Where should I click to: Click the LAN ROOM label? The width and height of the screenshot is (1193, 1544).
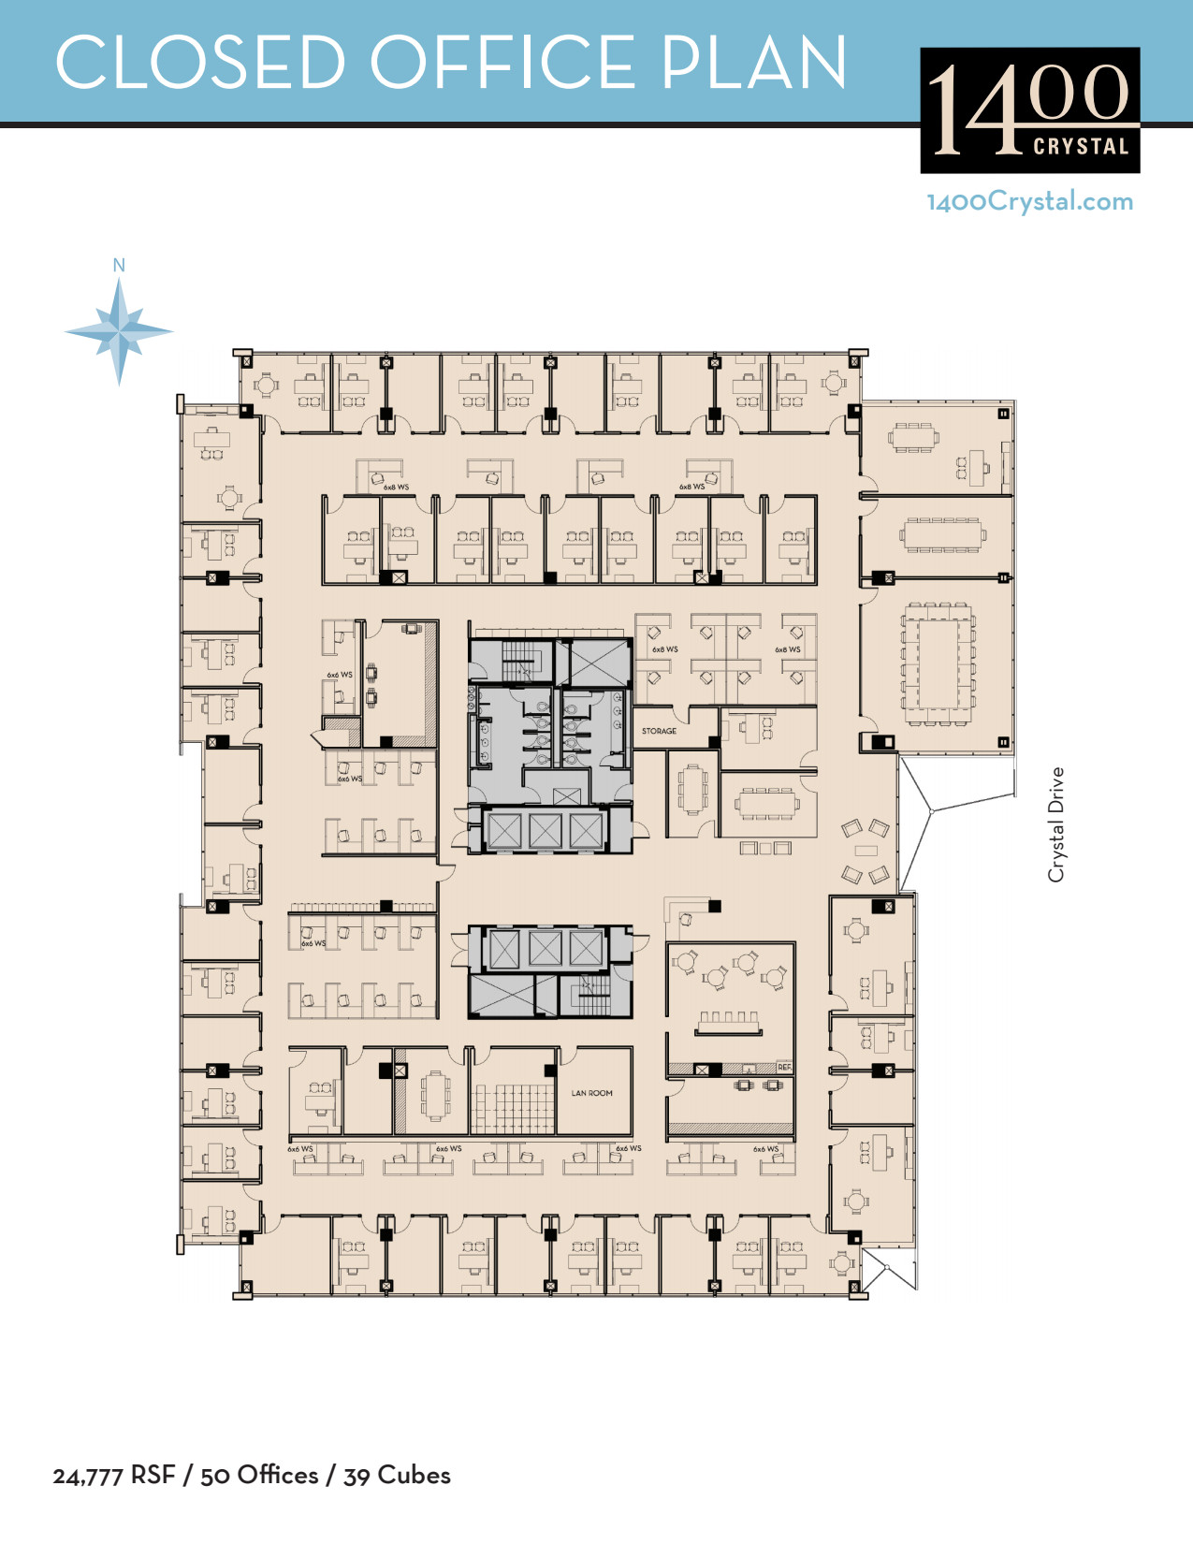591,1093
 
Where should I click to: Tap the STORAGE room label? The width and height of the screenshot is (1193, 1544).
659,731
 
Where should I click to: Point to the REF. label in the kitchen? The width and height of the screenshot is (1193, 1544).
783,1068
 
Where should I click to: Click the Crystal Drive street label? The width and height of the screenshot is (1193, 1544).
1056,824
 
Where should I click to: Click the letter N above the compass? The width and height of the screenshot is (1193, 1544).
119,266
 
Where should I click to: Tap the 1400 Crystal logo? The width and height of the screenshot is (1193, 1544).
1029,110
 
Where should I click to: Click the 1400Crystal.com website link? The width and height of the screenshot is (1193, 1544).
1029,201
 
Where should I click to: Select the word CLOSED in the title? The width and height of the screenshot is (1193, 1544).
200,63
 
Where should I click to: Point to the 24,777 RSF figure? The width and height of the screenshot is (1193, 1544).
113,1476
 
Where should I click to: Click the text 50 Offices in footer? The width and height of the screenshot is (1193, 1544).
259,1476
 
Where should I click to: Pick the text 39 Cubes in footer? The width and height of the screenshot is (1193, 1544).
397,1476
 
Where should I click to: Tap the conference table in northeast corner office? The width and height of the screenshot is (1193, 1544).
913,437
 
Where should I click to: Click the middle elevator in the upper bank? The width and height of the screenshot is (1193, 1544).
546,831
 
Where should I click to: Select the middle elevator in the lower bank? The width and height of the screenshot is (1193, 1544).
546,949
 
